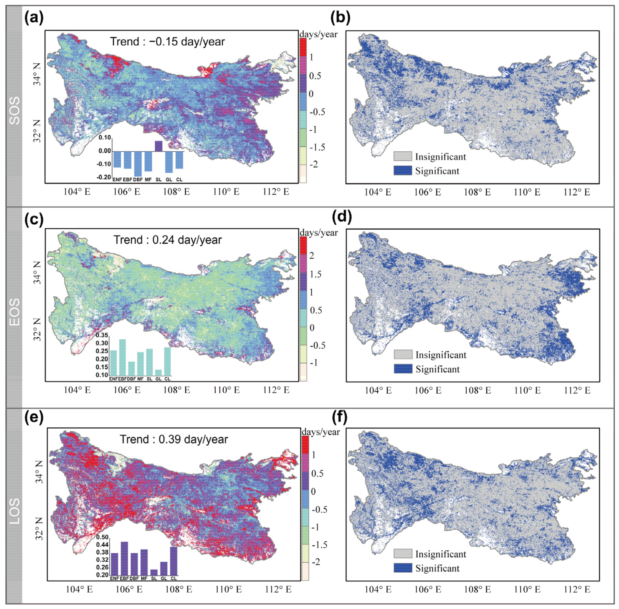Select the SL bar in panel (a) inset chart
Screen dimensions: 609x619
coord(158,146)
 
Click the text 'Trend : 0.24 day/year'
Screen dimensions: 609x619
coord(168,240)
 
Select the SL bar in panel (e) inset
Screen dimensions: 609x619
coord(154,572)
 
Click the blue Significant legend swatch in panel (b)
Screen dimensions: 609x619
coord(402,171)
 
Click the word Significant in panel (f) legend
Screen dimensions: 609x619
coord(437,568)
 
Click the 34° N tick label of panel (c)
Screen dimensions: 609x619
coord(38,273)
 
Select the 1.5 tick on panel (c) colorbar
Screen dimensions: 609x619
coord(315,274)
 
